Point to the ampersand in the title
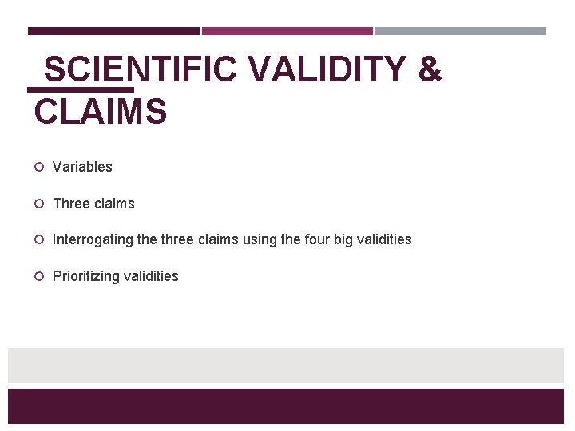[430, 70]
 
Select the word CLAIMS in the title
[101, 111]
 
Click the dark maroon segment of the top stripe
[113, 31]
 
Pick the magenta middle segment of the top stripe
[287, 31]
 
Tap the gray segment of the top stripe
[461, 31]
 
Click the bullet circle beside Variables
[38, 167]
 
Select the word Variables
[82, 167]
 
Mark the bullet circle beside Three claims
[38, 204]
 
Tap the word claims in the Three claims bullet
[115, 204]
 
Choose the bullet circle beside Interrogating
[38, 239]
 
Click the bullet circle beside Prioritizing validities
[38, 276]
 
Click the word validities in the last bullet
[151, 276]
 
